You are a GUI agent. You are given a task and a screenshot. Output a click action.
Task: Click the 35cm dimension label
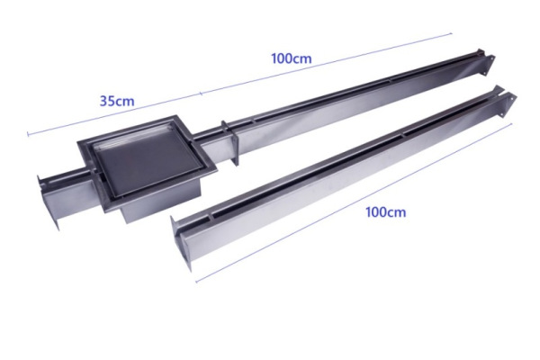pyautogui.click(x=117, y=101)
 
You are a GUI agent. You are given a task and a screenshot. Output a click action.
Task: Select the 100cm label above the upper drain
pyautogui.click(x=292, y=58)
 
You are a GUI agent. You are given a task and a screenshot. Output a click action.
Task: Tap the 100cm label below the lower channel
pyautogui.click(x=385, y=212)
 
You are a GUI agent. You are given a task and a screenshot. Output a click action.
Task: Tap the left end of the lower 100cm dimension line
pyautogui.click(x=196, y=280)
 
